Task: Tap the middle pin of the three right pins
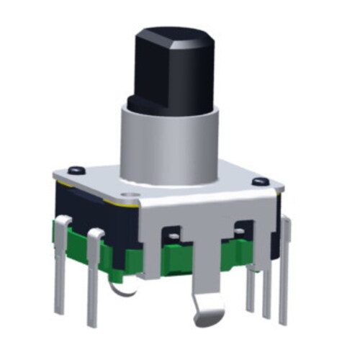click(267, 284)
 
